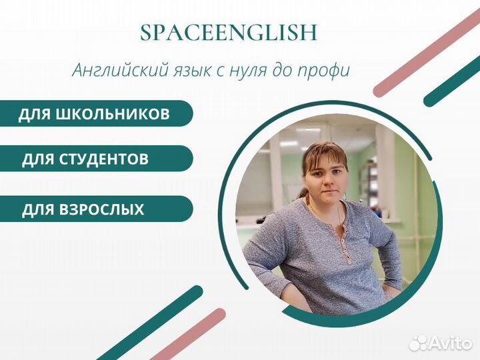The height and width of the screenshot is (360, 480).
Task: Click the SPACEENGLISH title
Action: click(x=229, y=33)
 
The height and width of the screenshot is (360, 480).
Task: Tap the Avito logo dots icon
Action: click(x=418, y=342)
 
